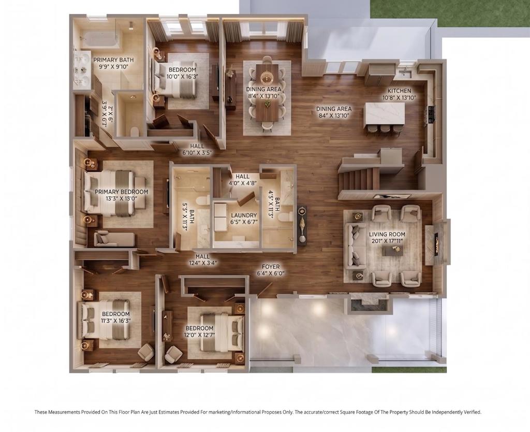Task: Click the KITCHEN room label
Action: pos(399,91)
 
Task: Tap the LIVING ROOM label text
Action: pos(387,234)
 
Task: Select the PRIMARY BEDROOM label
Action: pos(121,192)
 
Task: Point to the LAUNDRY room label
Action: pos(244,215)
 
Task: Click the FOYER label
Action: pos(270,267)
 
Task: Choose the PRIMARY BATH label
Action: pos(113,60)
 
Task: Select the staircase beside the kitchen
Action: pos(360,179)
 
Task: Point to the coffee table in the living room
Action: pos(393,250)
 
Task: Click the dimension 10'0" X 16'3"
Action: pos(182,77)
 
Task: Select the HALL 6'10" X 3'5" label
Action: pos(197,149)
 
